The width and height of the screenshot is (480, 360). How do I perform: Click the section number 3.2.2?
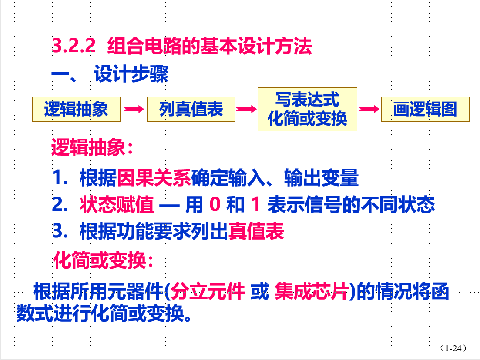[x=74, y=46]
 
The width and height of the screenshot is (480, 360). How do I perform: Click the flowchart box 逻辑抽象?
[x=76, y=109]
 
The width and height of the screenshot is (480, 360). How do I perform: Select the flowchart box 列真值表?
[x=191, y=109]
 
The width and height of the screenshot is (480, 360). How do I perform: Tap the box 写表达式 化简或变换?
[x=307, y=109]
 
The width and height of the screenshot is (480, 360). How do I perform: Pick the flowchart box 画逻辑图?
[x=425, y=109]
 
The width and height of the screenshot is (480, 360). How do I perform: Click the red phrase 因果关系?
[x=154, y=178]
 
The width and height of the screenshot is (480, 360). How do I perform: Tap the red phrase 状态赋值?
[x=116, y=204]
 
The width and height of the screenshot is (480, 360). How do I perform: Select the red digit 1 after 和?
[x=256, y=205]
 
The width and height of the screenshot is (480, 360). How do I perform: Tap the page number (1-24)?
[x=453, y=348]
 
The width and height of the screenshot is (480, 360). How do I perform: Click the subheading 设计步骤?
[x=131, y=75]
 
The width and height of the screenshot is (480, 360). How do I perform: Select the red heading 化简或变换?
[x=103, y=261]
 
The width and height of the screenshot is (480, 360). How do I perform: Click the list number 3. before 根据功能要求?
[x=59, y=231]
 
